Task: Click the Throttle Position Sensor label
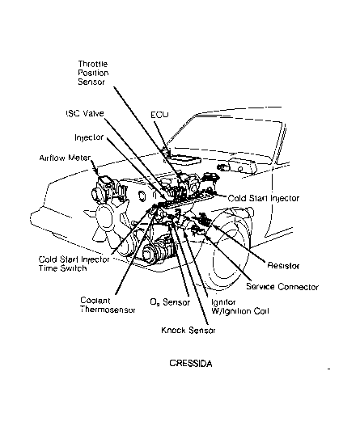point(93,73)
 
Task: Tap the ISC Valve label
point(85,113)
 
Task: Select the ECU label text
point(159,115)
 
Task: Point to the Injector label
point(89,137)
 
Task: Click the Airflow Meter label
point(65,158)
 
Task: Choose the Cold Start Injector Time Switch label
point(74,263)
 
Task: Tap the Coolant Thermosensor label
point(108,306)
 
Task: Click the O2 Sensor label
point(170,302)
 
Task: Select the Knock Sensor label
point(188,330)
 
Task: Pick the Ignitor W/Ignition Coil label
point(239,306)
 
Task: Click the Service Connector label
point(282,287)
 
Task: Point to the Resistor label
point(283,265)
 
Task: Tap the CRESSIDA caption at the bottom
point(191,364)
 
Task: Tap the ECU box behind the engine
point(183,159)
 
